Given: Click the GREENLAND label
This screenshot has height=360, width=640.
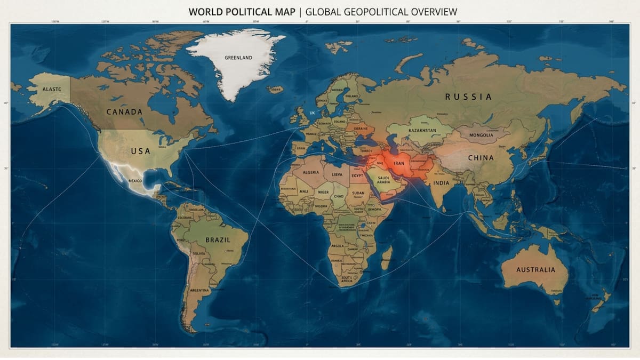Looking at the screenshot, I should coord(238,58).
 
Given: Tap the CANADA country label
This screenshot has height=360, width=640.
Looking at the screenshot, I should coord(124,112).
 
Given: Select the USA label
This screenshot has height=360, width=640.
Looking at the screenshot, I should coord(141,151).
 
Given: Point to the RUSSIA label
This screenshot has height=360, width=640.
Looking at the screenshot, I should coord(468,97).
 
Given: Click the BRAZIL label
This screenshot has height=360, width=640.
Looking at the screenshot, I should coord(218,240).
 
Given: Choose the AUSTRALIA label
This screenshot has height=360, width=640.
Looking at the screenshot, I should coord(535,269).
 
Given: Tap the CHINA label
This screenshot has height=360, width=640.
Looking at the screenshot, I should coord(481,158).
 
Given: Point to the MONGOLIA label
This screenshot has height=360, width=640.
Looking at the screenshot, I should coord(481,135).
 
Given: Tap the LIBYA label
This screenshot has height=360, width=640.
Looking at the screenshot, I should coord(337,174).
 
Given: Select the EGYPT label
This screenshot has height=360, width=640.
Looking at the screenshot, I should coord(357,175).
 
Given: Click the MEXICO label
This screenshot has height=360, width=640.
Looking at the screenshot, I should coord(135,181).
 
